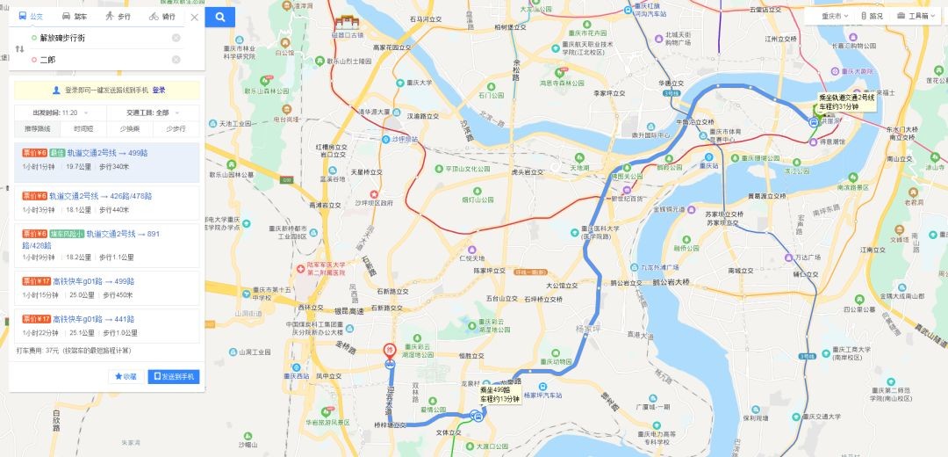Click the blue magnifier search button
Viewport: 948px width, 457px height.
pyautogui.click(x=220, y=16)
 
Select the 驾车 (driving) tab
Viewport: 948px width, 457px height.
pyautogui.click(x=75, y=16)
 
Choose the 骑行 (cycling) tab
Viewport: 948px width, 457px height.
pyautogui.click(x=162, y=16)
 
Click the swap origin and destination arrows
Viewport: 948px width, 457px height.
pyautogui.click(x=19, y=48)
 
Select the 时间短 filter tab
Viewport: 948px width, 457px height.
pyautogui.click(x=83, y=128)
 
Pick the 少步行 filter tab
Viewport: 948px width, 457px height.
pyautogui.click(x=176, y=128)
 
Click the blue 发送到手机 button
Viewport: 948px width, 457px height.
pyautogui.click(x=174, y=376)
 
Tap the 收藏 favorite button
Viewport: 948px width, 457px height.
pyautogui.click(x=126, y=376)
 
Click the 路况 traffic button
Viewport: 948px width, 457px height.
pyautogui.click(x=872, y=16)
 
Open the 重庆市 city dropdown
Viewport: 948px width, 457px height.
pyautogui.click(x=830, y=16)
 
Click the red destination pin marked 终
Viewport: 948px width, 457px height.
pyautogui.click(x=389, y=350)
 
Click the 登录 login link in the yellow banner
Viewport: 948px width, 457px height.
pyautogui.click(x=159, y=90)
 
